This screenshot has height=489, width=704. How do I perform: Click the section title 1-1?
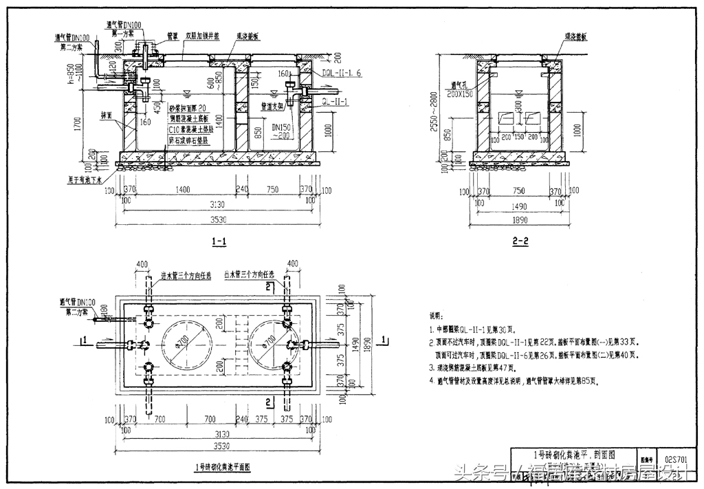pos(220,241)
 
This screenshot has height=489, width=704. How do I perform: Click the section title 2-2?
pos(520,241)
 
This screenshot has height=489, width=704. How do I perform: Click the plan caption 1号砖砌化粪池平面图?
pos(223,466)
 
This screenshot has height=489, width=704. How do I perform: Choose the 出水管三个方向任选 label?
pos(245,274)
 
